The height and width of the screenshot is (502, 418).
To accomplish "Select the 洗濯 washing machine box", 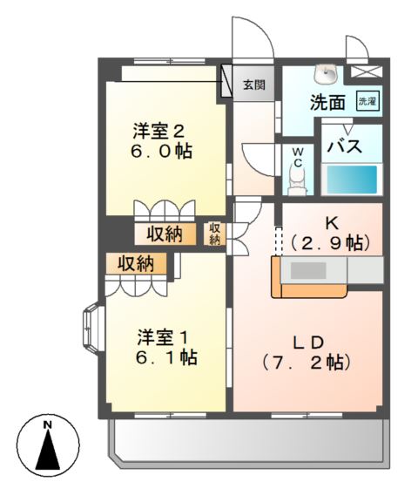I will (x=368, y=101).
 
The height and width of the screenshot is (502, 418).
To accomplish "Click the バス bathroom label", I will (x=344, y=146).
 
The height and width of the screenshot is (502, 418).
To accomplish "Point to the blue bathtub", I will (x=352, y=180).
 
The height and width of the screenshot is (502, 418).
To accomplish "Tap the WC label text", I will (x=297, y=157).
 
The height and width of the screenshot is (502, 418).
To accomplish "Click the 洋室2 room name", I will (x=159, y=132).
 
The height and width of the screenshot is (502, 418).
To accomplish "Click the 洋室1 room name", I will (x=163, y=336).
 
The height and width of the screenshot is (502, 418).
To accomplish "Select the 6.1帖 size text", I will (x=166, y=356).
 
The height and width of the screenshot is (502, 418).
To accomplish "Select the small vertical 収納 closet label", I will (x=215, y=234).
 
